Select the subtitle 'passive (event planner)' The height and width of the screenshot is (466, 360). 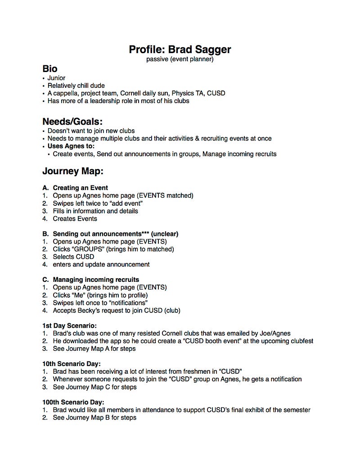180,59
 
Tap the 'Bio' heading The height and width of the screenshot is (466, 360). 50,69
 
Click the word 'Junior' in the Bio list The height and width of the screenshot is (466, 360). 56,78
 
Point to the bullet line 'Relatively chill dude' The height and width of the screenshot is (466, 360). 76,86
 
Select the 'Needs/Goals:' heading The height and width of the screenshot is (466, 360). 72,122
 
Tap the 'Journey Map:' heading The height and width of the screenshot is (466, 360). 73,171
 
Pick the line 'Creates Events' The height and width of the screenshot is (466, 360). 75,218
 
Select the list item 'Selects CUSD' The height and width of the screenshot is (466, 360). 73,257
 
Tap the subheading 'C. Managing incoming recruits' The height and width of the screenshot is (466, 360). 90,280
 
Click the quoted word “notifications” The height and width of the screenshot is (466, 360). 124,303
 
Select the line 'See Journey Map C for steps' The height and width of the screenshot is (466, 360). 94,387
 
